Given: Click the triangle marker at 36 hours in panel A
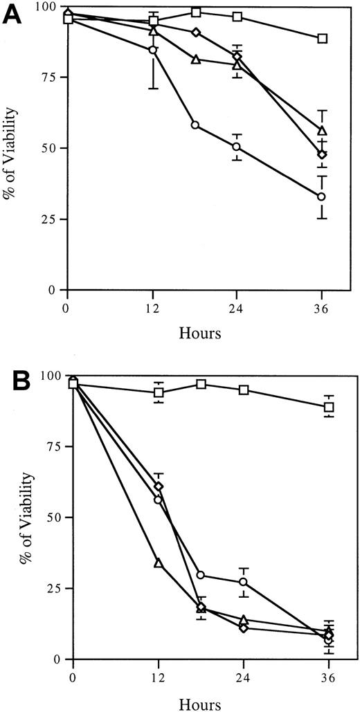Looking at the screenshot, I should tap(322, 131).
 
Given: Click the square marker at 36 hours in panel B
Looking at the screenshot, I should tap(329, 407).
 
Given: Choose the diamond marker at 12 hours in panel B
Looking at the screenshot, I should tap(159, 486).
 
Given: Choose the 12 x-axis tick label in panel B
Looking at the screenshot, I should tap(159, 676).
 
